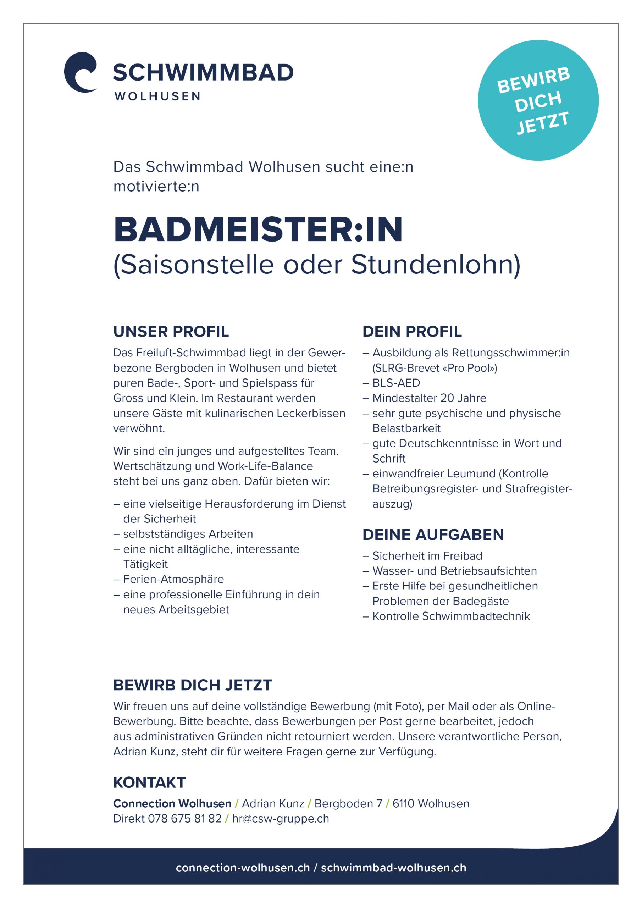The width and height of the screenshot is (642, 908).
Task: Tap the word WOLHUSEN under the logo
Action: click(x=157, y=96)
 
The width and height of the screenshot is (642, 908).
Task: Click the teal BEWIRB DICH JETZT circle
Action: click(x=538, y=100)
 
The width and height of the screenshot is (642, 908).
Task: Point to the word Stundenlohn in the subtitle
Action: click(x=436, y=265)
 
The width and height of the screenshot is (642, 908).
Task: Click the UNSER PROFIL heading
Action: click(x=171, y=331)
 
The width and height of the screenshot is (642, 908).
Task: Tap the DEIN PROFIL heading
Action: click(x=412, y=331)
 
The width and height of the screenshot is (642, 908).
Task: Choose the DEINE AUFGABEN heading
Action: click(x=433, y=535)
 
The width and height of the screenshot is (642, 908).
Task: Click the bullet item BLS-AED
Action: click(x=396, y=383)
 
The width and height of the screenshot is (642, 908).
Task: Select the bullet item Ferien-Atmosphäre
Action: click(x=173, y=579)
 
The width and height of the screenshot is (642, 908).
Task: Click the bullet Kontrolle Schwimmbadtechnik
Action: click(x=451, y=616)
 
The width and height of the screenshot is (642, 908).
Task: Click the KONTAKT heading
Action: click(x=149, y=782)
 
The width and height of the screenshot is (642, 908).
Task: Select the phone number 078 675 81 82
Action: click(x=184, y=819)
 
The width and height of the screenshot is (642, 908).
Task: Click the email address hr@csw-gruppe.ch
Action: click(x=281, y=819)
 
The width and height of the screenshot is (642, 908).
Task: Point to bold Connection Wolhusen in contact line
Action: click(x=172, y=804)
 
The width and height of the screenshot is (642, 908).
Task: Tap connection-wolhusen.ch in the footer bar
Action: click(x=243, y=868)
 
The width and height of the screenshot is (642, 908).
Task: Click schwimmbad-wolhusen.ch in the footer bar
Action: click(x=394, y=868)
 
